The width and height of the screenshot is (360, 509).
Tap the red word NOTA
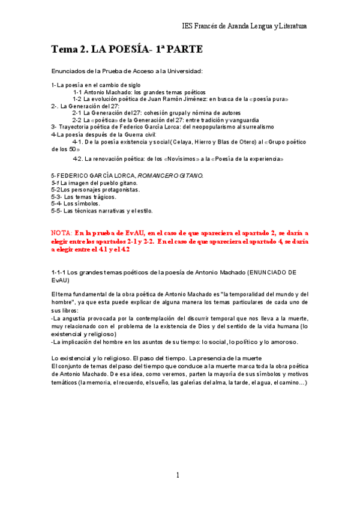coord(61,232)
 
